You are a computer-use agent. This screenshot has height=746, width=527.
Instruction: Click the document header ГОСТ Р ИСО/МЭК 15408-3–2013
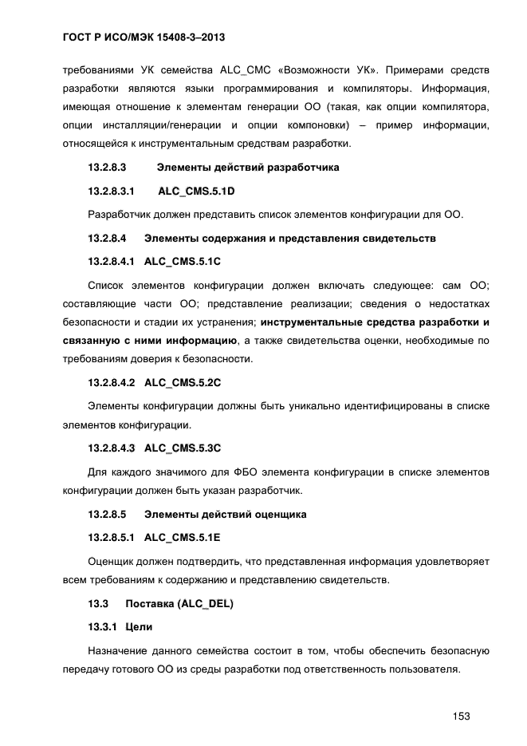click(x=147, y=37)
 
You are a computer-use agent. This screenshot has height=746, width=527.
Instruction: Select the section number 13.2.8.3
click(x=108, y=168)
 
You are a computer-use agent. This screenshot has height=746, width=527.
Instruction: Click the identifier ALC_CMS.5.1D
click(x=197, y=191)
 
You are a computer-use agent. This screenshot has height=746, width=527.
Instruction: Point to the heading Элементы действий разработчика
click(x=248, y=168)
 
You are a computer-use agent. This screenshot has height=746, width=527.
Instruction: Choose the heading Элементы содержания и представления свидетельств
click(x=290, y=239)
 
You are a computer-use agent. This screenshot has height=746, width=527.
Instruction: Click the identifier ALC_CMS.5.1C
click(x=183, y=262)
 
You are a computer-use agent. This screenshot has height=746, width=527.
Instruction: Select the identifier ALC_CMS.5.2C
click(x=183, y=382)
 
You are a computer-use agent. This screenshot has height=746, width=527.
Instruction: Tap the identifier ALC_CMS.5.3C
click(x=183, y=447)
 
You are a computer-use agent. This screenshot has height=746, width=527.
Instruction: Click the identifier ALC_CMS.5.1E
click(x=183, y=538)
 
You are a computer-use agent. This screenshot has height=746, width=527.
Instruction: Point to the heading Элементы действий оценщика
click(x=226, y=515)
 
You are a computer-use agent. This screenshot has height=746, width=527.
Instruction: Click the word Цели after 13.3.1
click(x=140, y=626)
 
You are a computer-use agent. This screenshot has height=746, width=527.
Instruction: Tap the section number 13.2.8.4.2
click(x=112, y=382)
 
